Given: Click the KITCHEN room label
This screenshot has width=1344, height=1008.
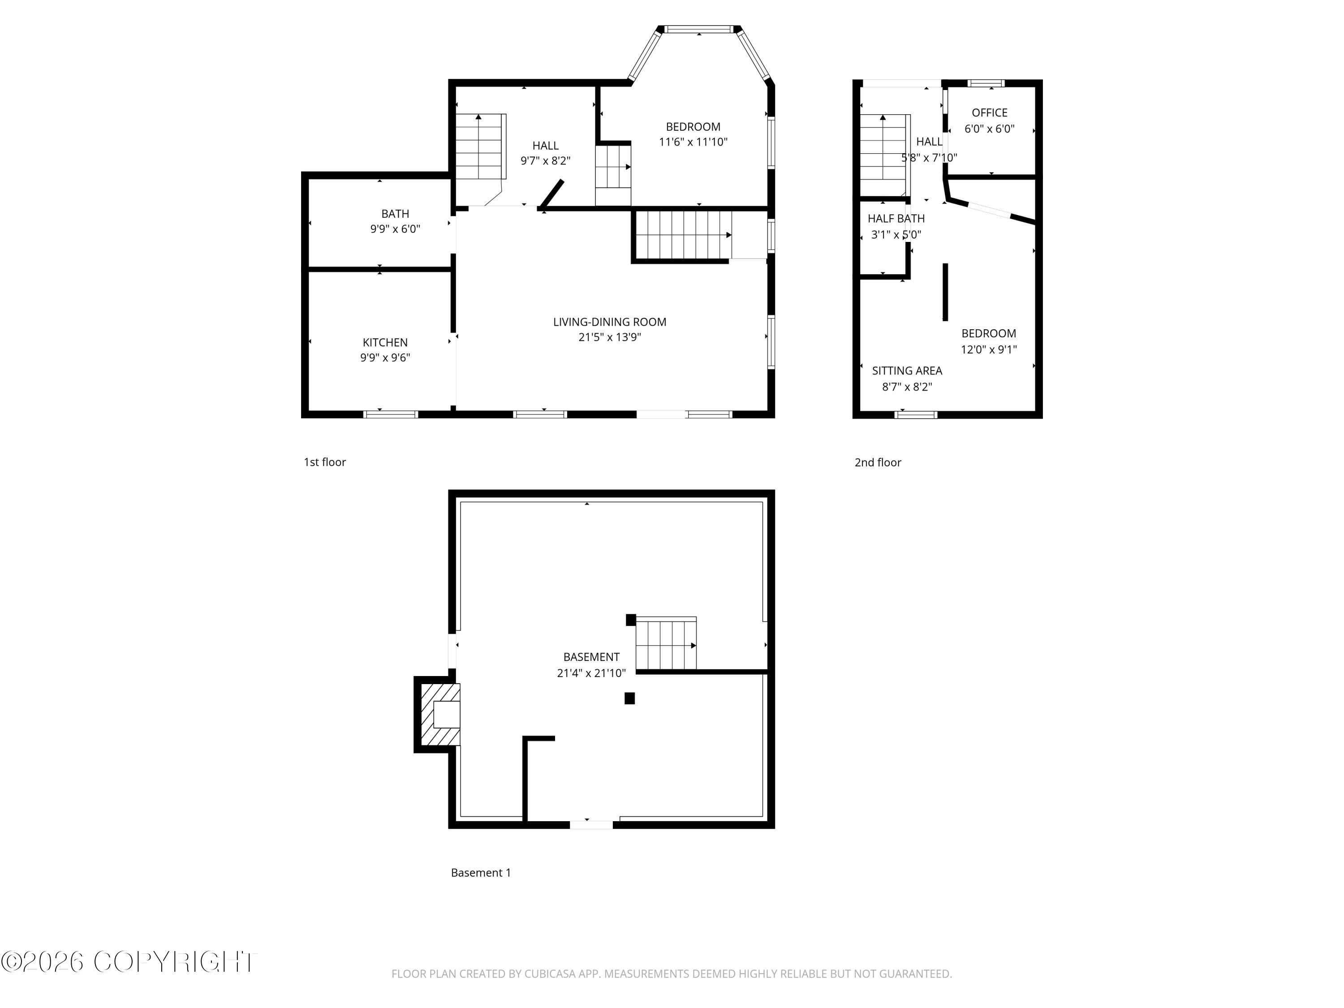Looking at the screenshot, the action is pyautogui.click(x=385, y=343).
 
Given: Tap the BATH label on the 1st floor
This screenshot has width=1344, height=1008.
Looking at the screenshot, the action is pyautogui.click(x=395, y=214).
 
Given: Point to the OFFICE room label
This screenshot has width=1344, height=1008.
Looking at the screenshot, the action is pyautogui.click(x=989, y=113).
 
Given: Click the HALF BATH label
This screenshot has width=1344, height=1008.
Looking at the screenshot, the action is pyautogui.click(x=896, y=219).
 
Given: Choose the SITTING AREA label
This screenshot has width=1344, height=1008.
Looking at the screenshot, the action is pyautogui.click(x=907, y=370).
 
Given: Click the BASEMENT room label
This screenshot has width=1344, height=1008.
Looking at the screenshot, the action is pyautogui.click(x=591, y=657).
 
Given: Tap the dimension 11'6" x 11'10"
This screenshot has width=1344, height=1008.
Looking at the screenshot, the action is pyautogui.click(x=693, y=142).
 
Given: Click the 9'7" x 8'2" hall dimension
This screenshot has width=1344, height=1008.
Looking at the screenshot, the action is pyautogui.click(x=546, y=161).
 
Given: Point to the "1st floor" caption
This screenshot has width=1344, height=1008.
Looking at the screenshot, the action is pyautogui.click(x=324, y=462).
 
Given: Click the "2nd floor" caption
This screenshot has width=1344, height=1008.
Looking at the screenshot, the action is pyautogui.click(x=878, y=462).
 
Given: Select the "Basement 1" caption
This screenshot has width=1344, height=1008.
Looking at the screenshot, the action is pyautogui.click(x=481, y=873).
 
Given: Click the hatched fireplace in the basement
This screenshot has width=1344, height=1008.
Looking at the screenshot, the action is pyautogui.click(x=440, y=715).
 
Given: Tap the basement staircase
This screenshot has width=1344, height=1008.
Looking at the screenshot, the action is pyautogui.click(x=666, y=643).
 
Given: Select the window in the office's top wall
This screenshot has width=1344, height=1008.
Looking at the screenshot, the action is pyautogui.click(x=986, y=84).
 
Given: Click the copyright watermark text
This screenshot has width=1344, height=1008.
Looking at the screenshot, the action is pyautogui.click(x=129, y=962).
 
